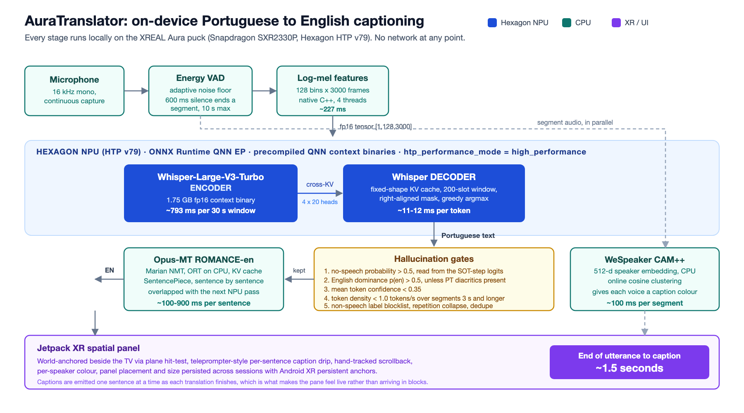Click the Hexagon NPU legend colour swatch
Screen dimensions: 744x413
pos(492,23)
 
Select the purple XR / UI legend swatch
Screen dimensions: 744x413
pos(616,23)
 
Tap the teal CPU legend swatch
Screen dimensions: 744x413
pos(566,23)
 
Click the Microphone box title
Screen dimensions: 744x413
pos(74,80)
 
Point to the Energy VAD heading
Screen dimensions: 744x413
pos(200,78)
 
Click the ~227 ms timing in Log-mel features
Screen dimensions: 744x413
pos(333,109)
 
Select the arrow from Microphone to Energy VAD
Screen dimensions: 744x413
pos(136,91)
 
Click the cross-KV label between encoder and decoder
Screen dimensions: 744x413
pos(320,184)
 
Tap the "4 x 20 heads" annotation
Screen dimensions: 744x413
pos(320,202)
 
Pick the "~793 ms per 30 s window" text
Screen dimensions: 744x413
pos(211,211)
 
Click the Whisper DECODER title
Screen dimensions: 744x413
pos(434,177)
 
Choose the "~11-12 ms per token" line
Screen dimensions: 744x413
pos(434,211)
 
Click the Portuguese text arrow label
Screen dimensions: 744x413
pos(468,235)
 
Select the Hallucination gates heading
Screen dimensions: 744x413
pos(434,259)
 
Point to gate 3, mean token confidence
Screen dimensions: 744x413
pos(372,289)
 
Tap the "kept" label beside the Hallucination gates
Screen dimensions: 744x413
pos(299,271)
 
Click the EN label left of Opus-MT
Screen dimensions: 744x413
pos(110,270)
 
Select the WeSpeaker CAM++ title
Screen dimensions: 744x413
pos(645,260)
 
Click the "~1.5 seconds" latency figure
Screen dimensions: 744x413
pos(630,368)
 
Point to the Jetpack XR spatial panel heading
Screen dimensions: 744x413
pos(88,348)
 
